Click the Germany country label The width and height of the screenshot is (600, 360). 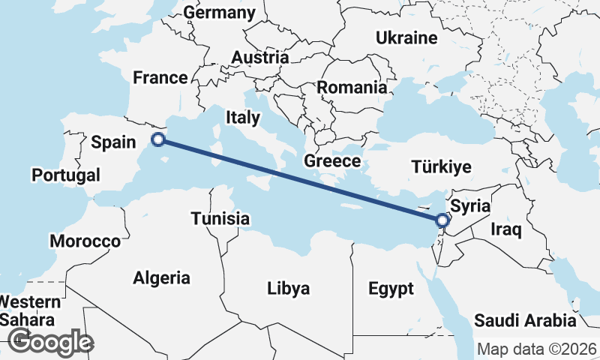(x=219, y=13)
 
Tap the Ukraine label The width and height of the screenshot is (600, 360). (x=406, y=38)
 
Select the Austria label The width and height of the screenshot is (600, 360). (x=259, y=58)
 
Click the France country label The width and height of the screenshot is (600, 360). (x=160, y=78)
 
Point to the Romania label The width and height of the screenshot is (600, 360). (x=351, y=87)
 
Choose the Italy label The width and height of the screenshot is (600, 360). (x=243, y=117)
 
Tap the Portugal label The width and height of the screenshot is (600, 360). (x=66, y=175)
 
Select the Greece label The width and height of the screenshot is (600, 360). (x=332, y=161)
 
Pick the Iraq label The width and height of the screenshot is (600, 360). (x=505, y=228)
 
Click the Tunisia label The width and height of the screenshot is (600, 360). (x=220, y=219)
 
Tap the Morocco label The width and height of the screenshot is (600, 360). (x=85, y=241)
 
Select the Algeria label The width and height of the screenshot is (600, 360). (x=161, y=278)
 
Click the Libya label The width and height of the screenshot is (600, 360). (x=288, y=288)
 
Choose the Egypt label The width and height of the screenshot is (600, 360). (x=391, y=289)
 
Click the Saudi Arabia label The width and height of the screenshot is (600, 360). (x=525, y=321)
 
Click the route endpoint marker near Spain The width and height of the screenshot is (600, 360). (x=157, y=139)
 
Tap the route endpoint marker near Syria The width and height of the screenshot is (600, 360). (x=442, y=220)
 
